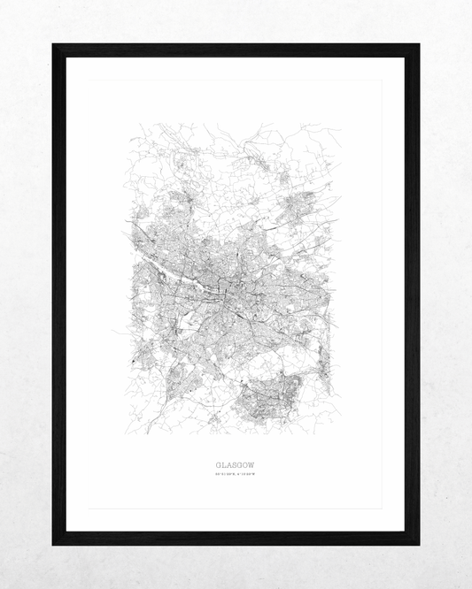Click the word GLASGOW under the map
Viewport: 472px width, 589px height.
point(235,463)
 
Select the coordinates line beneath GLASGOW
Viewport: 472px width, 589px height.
point(235,475)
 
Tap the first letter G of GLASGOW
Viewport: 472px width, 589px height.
point(218,463)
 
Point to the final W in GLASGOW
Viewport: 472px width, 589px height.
point(251,463)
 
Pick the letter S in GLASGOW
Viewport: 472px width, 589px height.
point(235,463)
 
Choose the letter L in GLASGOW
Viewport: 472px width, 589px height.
point(223,463)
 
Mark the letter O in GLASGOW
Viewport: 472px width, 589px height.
point(245,463)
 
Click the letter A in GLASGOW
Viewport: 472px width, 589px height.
point(228,463)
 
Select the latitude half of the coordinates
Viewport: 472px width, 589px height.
point(225,475)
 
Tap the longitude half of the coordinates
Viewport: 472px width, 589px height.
point(245,475)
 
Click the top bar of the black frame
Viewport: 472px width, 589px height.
point(236,50)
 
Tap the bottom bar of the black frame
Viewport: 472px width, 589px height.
point(236,538)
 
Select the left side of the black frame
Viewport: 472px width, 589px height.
point(58,294)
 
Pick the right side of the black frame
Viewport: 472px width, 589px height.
point(412,294)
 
